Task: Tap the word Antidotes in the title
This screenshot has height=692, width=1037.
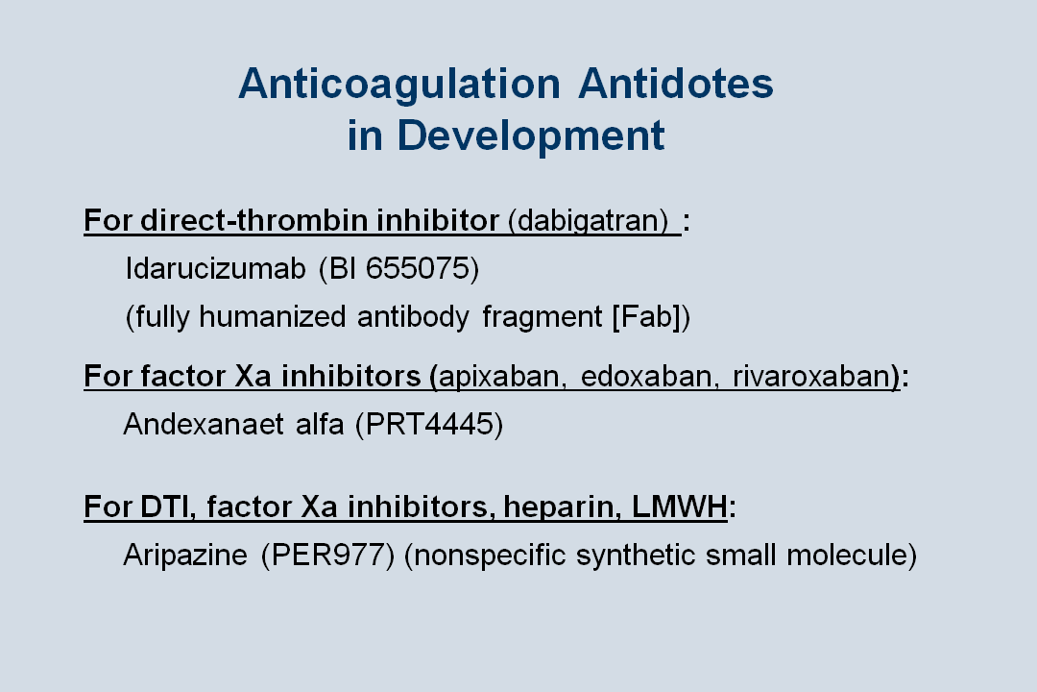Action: tap(676, 85)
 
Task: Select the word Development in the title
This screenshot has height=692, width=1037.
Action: tap(530, 136)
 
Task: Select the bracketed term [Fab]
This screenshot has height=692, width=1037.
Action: tap(651, 317)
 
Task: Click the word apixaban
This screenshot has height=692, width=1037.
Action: tap(499, 376)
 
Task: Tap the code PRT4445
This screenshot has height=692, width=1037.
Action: tap(429, 424)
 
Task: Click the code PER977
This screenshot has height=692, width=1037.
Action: tap(327, 556)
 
